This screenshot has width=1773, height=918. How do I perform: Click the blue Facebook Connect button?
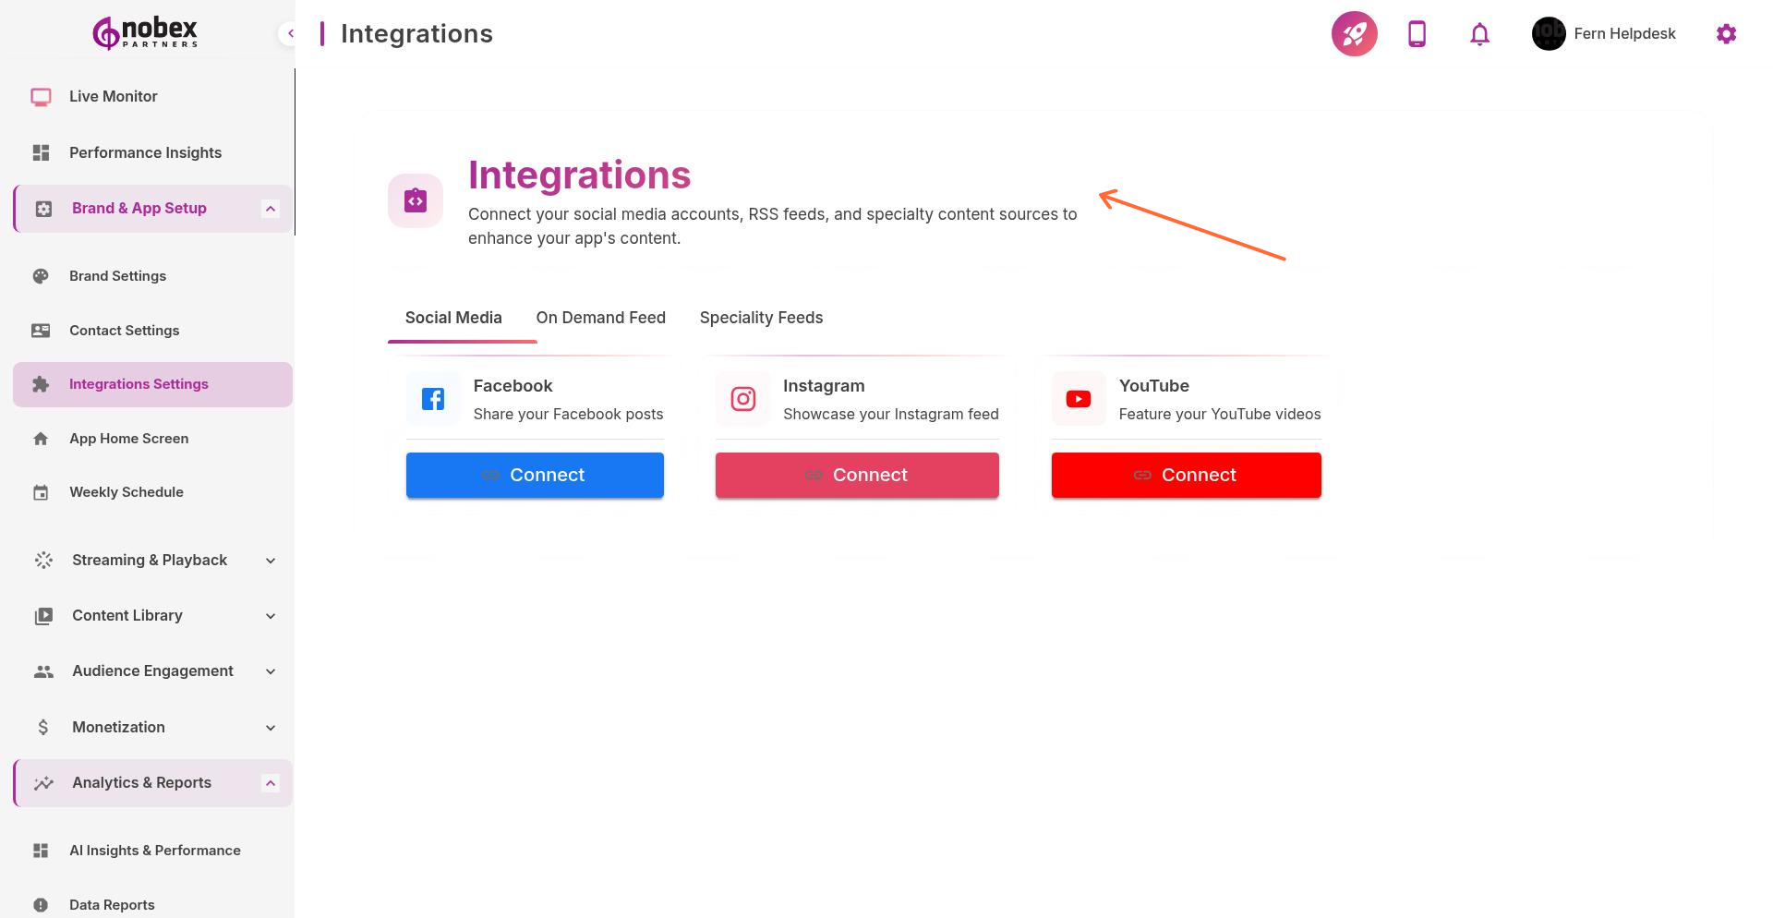[535, 475]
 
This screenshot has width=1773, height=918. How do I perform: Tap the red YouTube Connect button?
[1186, 475]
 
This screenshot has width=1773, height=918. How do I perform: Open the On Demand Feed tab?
[600, 318]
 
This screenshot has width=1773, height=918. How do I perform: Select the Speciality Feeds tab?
[761, 318]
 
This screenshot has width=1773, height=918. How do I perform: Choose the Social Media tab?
[453, 318]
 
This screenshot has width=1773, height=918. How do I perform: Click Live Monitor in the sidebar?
[113, 96]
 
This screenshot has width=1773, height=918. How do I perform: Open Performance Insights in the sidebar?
[145, 152]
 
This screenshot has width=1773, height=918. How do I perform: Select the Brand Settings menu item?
[117, 276]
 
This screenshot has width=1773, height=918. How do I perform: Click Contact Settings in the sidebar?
[124, 331]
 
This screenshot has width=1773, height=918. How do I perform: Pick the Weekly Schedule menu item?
[126, 492]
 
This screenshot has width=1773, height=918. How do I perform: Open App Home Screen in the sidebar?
[128, 439]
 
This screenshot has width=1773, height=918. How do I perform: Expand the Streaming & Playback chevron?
[271, 561]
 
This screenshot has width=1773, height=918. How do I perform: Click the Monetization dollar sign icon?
[42, 728]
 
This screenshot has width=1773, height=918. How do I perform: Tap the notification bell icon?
[1479, 34]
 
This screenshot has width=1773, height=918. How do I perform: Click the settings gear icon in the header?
[1726, 34]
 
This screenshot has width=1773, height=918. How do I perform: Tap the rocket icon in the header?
[1354, 34]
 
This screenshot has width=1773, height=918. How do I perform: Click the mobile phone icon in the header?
[1417, 34]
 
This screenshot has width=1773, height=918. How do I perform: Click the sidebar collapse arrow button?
[290, 33]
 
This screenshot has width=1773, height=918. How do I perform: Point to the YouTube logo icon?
[1078, 399]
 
